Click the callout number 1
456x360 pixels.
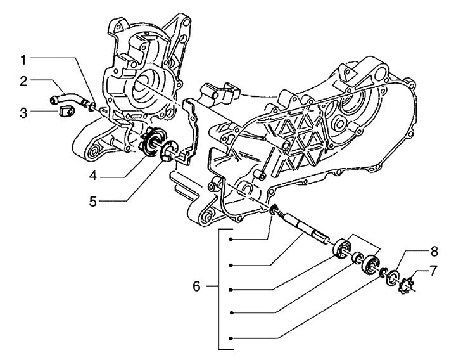click(x=23, y=60)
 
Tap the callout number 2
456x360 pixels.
click(x=23, y=80)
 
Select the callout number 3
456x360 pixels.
click(x=23, y=113)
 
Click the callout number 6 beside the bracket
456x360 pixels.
click(x=196, y=287)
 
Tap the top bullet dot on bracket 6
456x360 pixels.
click(x=232, y=239)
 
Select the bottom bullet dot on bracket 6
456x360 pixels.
click(x=232, y=337)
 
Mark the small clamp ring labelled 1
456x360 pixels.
click(x=93, y=105)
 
